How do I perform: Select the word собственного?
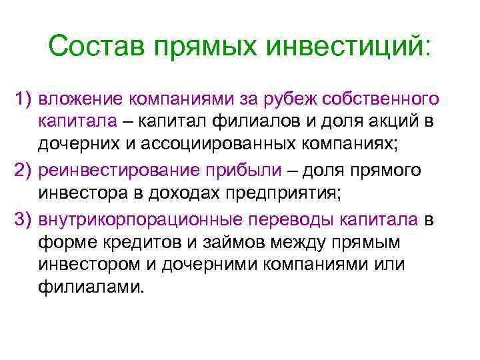(380, 99)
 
